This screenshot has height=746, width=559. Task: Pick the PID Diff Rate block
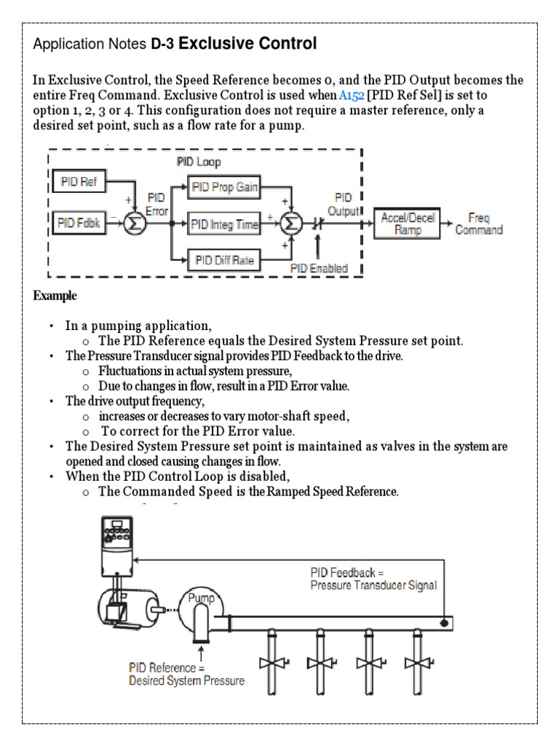tap(223, 259)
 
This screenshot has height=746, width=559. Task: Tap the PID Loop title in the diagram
tap(199, 161)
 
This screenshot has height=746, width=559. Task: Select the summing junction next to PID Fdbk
tap(135, 223)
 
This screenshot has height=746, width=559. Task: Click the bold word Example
tap(55, 297)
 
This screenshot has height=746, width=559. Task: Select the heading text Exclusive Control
tap(247, 44)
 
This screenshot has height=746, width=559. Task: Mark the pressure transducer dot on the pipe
tap(443, 622)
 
